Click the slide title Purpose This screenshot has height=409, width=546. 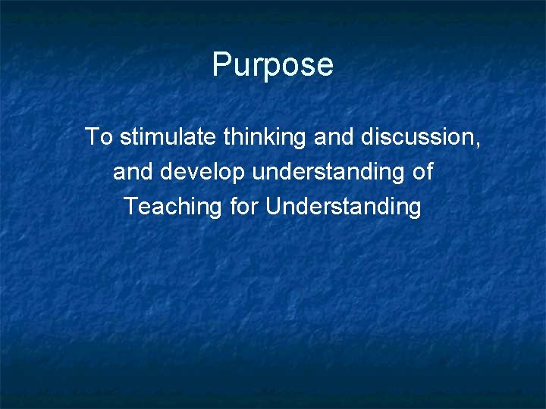pyautogui.click(x=272, y=65)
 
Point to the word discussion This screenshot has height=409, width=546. pyautogui.click(x=416, y=137)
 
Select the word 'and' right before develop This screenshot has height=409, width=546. pyautogui.click(x=133, y=172)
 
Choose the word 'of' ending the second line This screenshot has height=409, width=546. pyautogui.click(x=422, y=172)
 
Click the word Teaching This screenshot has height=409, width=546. pyautogui.click(x=173, y=207)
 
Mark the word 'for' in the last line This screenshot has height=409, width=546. pyautogui.click(x=243, y=206)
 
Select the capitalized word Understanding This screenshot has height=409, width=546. pyautogui.click(x=344, y=207)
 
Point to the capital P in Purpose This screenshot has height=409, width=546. pyautogui.click(x=222, y=64)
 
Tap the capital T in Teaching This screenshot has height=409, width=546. pyautogui.click(x=131, y=206)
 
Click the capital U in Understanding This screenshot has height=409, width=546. pyautogui.click(x=273, y=206)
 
